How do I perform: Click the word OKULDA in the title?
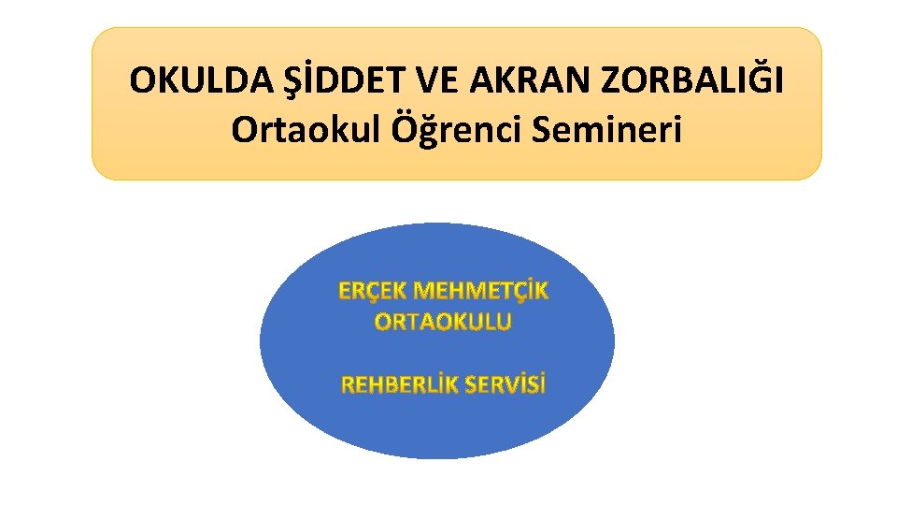[191, 81]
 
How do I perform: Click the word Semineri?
[606, 130]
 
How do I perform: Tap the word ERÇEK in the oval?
[372, 291]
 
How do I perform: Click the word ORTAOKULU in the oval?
[443, 323]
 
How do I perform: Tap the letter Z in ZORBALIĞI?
[612, 81]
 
